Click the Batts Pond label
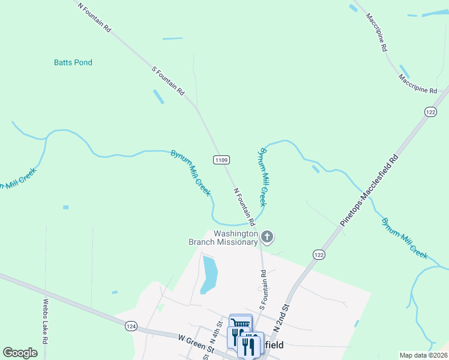coord(73,62)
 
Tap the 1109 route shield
coord(221,160)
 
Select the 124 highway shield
coord(131,326)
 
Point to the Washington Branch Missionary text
coord(223,238)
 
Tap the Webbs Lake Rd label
coord(46,317)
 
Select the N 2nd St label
coord(282,318)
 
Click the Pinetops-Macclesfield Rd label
coord(369,190)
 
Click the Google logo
coord(20,353)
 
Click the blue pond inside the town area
coord(208,275)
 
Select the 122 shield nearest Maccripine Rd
coord(430,112)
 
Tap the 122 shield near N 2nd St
coord(318,255)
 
